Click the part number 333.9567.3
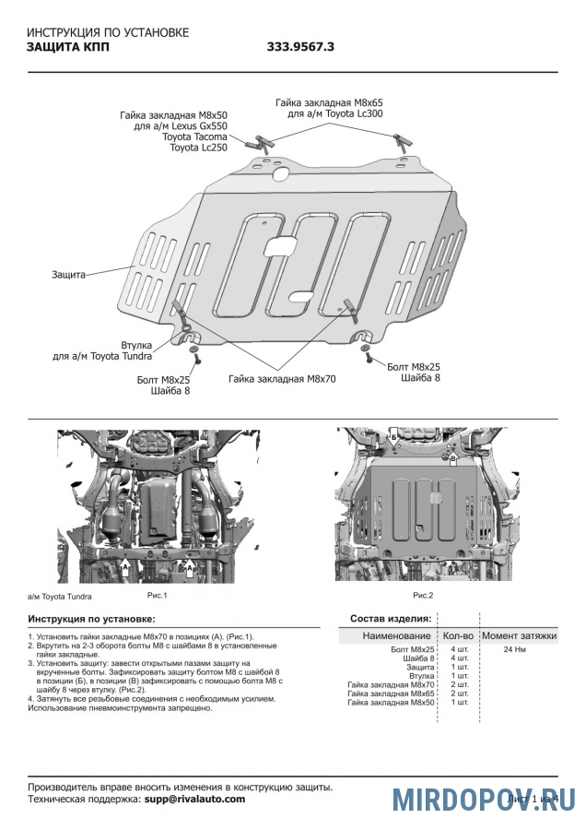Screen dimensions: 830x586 [301, 47]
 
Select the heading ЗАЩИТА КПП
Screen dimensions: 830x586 [68, 47]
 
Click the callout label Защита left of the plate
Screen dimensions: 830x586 [68, 275]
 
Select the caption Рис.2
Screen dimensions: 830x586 [423, 595]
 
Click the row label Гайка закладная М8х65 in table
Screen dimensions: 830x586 [390, 693]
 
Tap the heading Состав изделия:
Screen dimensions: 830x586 [391, 617]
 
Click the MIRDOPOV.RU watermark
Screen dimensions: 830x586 [484, 799]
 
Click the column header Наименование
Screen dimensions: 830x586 [396, 635]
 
